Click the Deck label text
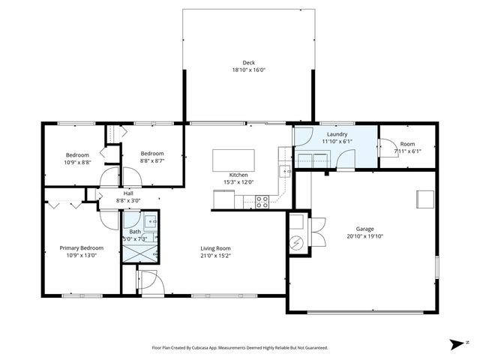click(248, 62)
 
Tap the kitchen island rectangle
click(233, 160)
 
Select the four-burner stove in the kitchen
click(262, 201)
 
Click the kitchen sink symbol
click(286, 171)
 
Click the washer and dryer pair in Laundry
click(314, 158)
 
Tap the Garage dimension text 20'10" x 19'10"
click(365, 236)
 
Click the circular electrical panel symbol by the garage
click(296, 244)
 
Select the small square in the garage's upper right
click(425, 199)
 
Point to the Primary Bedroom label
click(82, 247)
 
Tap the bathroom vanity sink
click(149, 221)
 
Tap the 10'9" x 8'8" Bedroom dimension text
click(76, 162)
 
